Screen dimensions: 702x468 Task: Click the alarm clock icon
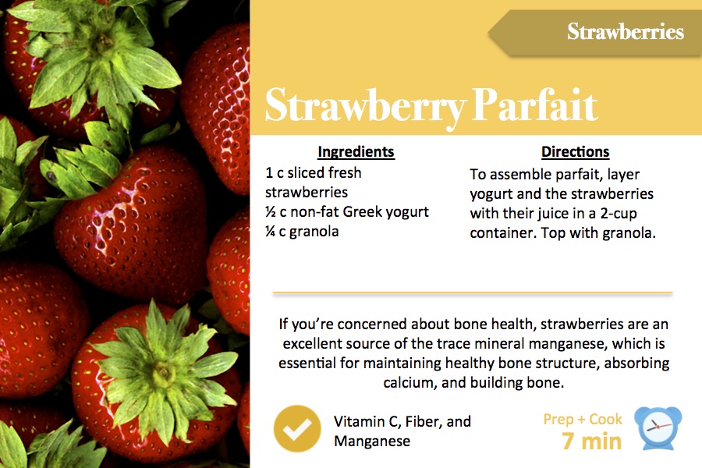coord(658,428)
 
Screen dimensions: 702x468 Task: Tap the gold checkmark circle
coord(297,428)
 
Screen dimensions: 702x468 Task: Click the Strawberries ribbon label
coord(626,31)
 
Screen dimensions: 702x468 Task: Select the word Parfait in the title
coord(534,105)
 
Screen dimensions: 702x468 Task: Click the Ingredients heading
coord(356,152)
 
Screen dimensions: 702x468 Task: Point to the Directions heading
coord(576,152)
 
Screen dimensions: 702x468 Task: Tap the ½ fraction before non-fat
coord(270,211)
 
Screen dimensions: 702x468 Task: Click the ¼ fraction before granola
coord(270,231)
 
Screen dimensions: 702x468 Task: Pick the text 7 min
coord(591,441)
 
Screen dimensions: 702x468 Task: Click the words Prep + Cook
coord(583,419)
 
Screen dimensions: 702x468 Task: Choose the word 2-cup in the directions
coord(619,214)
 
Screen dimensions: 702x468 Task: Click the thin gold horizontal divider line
coord(473,293)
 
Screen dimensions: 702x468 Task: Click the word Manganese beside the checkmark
coord(372,441)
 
